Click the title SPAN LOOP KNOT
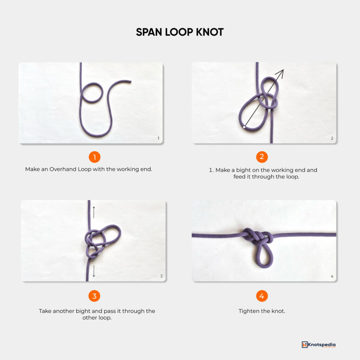tap(180, 32)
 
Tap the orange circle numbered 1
tap(95, 156)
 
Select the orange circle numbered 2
tap(262, 156)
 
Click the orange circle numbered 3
tap(94, 296)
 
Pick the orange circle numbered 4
tap(262, 296)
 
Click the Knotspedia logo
tap(319, 345)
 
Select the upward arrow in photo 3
tap(94, 212)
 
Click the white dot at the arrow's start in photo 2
tap(243, 127)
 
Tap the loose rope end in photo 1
tap(130, 82)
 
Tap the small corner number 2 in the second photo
tap(332, 138)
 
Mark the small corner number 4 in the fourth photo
tap(332, 276)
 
